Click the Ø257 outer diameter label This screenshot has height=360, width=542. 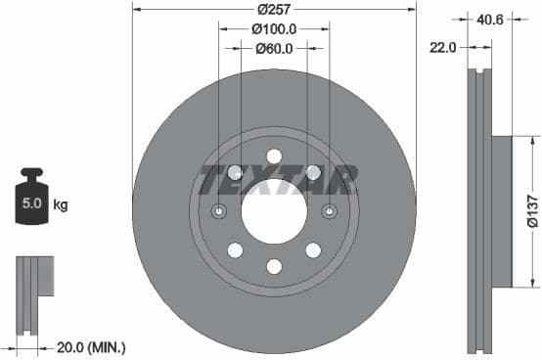coord(273,9)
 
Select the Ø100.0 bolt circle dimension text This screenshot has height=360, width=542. coord(273,29)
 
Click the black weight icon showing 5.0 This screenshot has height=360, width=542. coord(32,203)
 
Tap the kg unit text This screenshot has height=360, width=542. coord(61,205)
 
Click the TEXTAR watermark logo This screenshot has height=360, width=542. coord(277,180)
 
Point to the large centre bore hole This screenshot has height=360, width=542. coord(274,211)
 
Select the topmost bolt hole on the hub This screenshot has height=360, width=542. coord(274,157)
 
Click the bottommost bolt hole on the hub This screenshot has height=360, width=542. coord(274,266)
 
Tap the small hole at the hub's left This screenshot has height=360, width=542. coord(219,211)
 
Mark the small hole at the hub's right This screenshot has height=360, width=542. coord(329,211)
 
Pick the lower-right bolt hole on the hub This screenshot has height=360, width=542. coord(313,250)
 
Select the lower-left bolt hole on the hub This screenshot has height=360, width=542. coord(235,250)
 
